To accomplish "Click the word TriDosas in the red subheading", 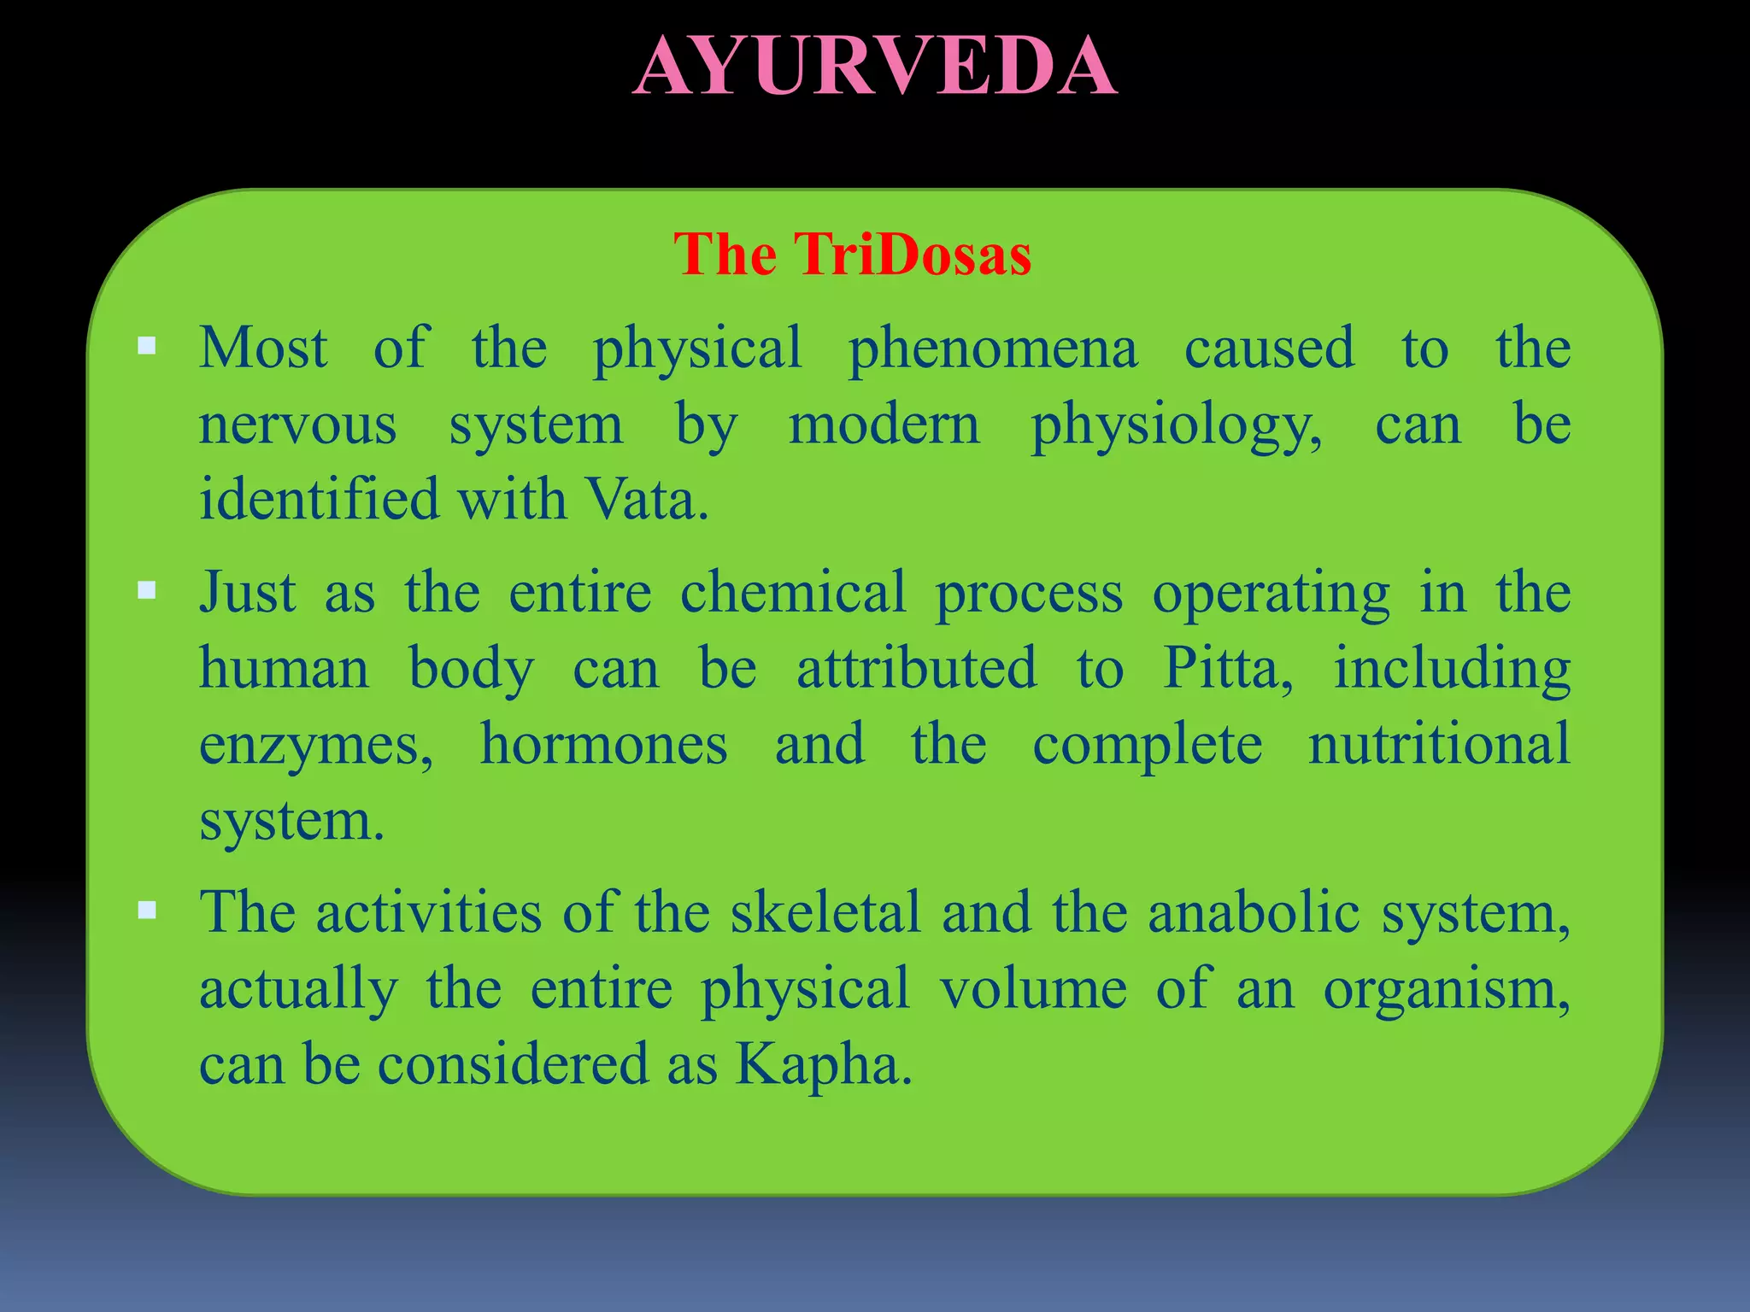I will click(x=913, y=255).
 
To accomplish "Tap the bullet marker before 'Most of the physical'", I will click(x=147, y=346).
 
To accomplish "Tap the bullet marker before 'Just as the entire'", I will click(x=147, y=589).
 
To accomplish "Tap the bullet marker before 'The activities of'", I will click(x=147, y=910).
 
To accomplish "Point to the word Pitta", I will click(x=1227, y=668).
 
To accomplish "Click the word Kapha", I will click(x=823, y=1064).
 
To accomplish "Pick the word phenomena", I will click(x=993, y=348).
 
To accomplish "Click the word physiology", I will click(x=1176, y=425).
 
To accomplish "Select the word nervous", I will click(x=297, y=425).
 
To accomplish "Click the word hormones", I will click(x=603, y=743).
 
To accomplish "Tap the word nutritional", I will click(x=1439, y=743).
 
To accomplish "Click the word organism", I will click(x=1446, y=989).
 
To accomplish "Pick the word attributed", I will click(x=917, y=668).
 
